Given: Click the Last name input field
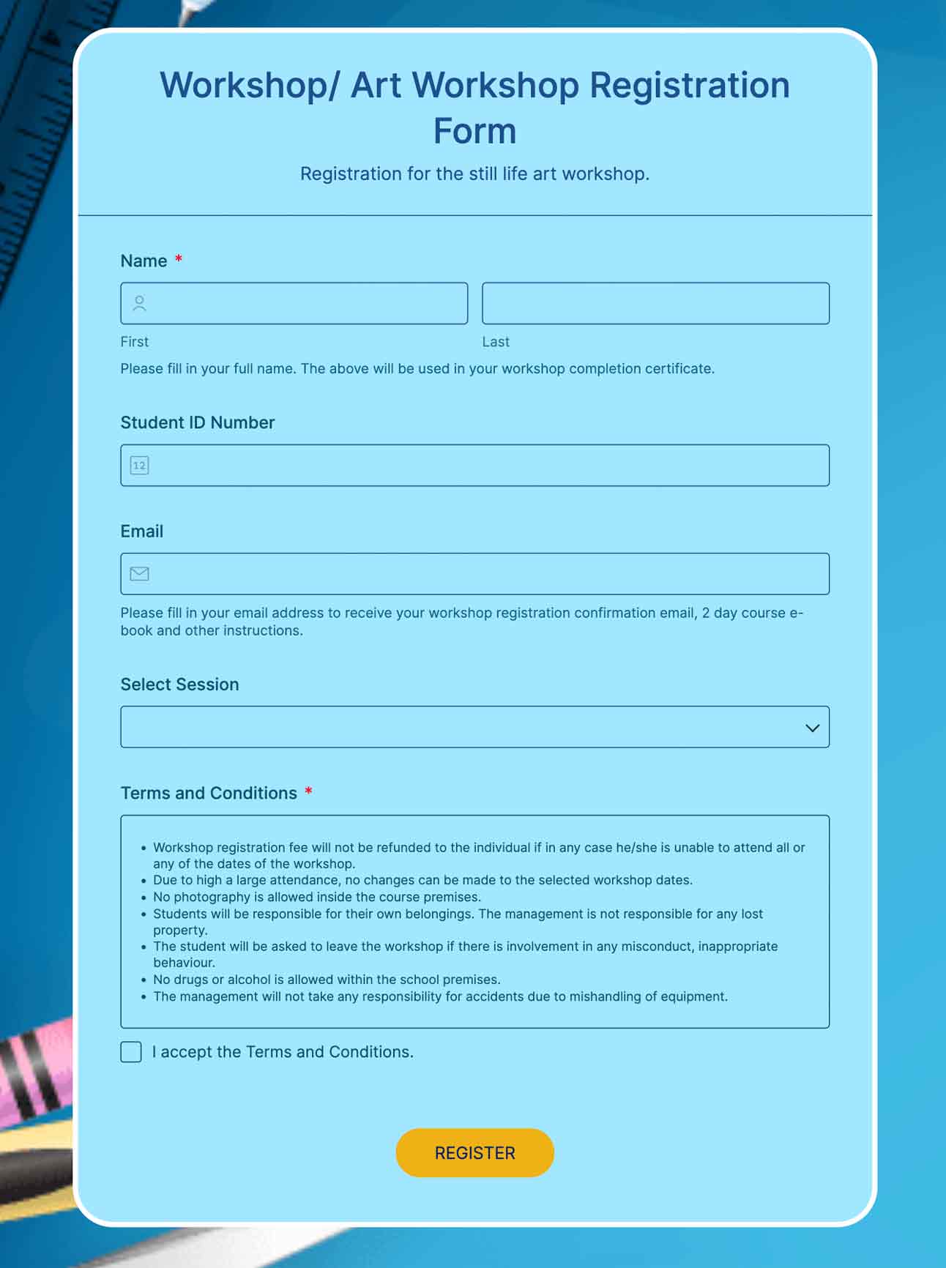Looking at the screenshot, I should (655, 303).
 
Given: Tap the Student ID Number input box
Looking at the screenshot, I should (483, 465).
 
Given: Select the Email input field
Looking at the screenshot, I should (483, 573).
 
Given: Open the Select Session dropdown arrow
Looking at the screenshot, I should (812, 728).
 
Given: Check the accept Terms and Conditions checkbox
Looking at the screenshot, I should (131, 1052).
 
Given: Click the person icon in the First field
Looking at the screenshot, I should (139, 303).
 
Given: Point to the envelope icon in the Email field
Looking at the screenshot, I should (139, 573).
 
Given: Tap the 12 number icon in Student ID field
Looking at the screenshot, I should (139, 465).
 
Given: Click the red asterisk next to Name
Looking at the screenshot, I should (178, 259).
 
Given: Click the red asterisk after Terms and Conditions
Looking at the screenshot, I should (308, 791).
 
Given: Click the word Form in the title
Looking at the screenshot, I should (474, 132).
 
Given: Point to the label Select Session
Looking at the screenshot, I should (179, 685).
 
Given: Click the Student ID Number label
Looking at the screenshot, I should (197, 422).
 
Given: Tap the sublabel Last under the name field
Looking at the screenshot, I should (495, 342).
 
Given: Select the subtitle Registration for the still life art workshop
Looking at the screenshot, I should (474, 174).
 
